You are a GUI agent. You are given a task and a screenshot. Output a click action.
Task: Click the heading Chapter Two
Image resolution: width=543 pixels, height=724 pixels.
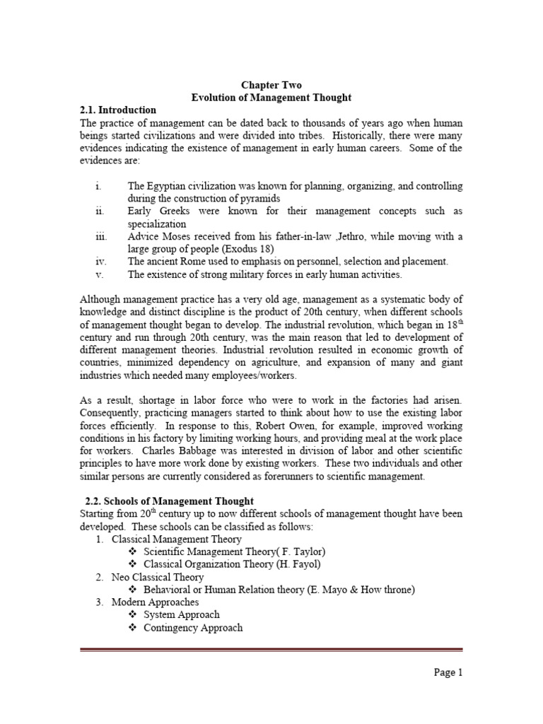[x=272, y=85]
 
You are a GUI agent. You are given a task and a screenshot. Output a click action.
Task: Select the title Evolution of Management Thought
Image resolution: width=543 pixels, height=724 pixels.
[x=272, y=98]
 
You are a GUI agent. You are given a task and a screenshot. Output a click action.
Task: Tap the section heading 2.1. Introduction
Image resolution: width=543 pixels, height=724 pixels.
[x=117, y=110]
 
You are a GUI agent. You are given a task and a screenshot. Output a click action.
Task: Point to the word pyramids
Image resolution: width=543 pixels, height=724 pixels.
[x=261, y=199]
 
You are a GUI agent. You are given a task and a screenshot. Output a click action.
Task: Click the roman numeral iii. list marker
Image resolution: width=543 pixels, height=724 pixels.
[x=100, y=236]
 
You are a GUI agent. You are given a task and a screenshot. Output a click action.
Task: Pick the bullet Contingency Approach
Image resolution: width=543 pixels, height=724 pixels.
[x=193, y=627]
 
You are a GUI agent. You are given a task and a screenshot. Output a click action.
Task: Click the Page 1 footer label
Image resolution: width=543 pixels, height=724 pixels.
[x=448, y=672]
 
